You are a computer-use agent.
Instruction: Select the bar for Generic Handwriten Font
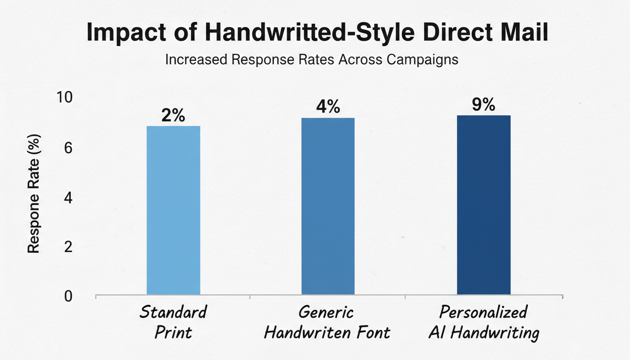click(328, 206)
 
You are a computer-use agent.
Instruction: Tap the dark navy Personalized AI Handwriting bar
click(483, 205)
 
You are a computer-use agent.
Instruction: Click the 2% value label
click(173, 115)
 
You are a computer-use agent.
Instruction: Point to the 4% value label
click(328, 107)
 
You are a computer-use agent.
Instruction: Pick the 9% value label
click(483, 105)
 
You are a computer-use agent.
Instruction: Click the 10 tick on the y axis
click(65, 98)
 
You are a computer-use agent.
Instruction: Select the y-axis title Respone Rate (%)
click(33, 194)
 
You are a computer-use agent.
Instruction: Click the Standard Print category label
click(173, 322)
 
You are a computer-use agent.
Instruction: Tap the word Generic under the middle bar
click(327, 312)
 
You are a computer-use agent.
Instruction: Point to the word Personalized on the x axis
click(483, 312)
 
